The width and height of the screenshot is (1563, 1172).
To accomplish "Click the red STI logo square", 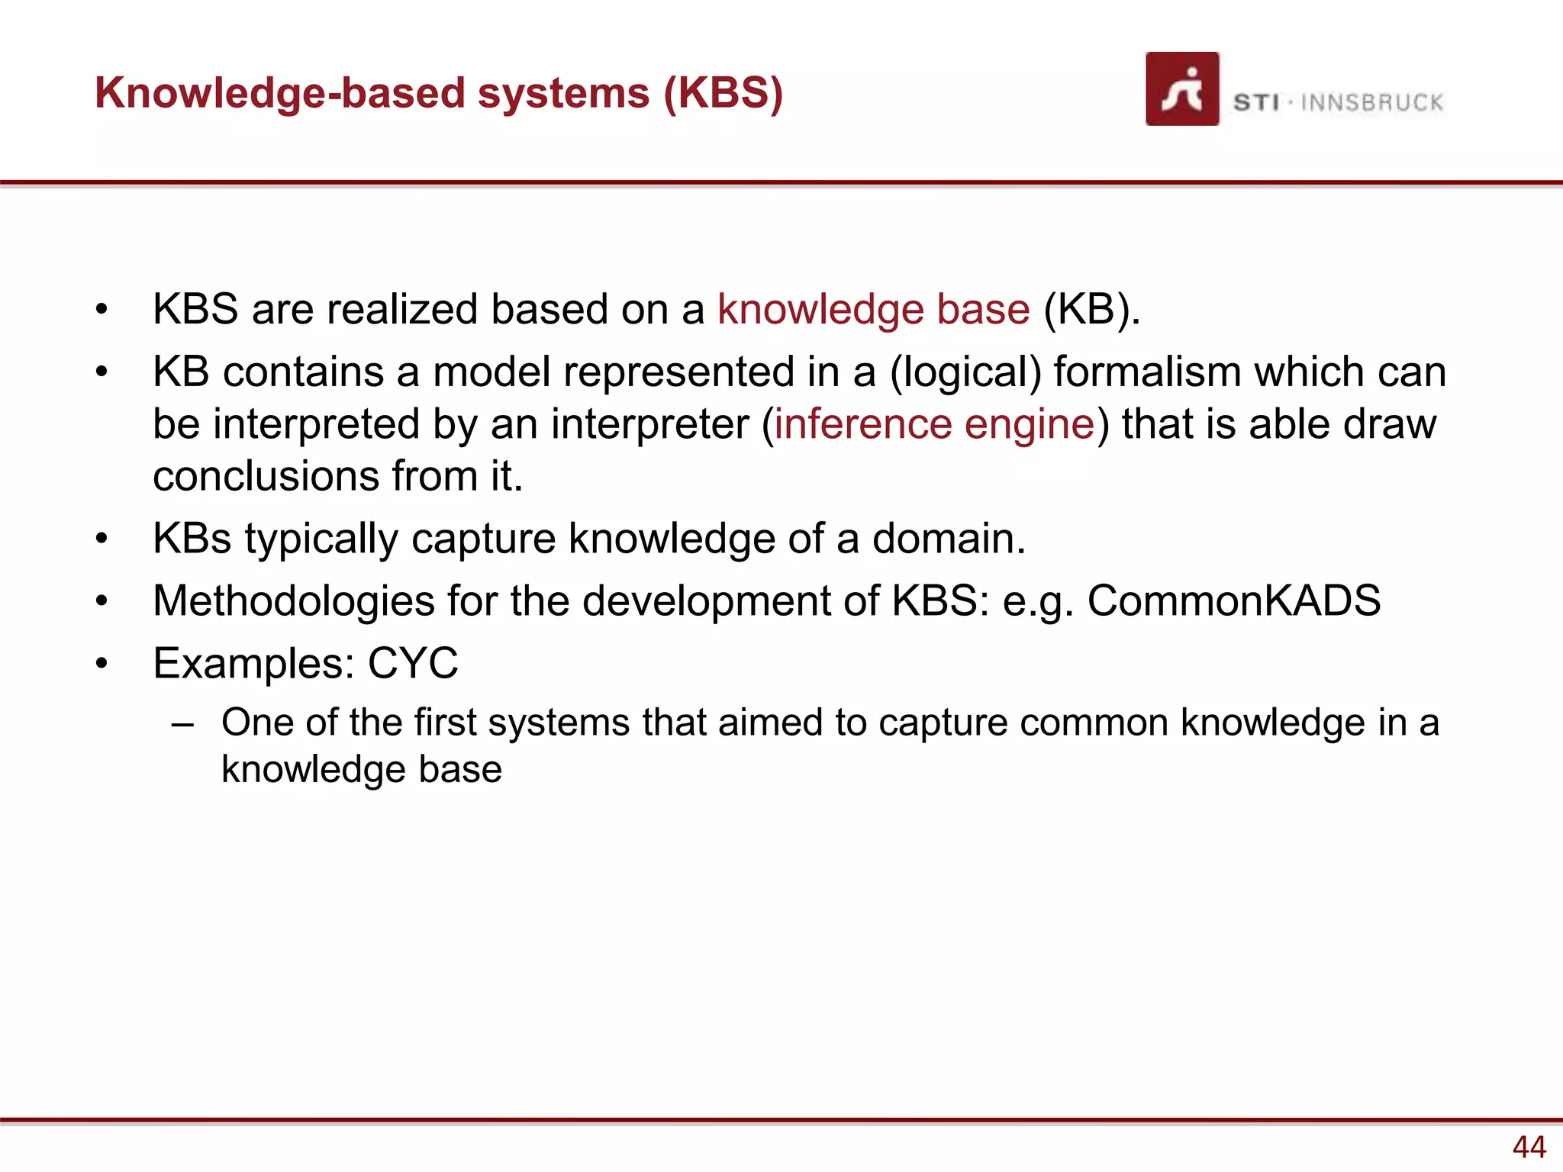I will pos(1181,89).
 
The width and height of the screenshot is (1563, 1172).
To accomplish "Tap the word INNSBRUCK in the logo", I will pos(1371,102).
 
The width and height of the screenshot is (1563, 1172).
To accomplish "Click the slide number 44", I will pos(1529,1147).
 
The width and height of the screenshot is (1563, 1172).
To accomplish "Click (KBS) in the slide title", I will pos(723,93).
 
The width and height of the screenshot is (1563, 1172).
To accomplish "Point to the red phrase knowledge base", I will pos(873,310).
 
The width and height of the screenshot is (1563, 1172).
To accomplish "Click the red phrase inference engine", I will pos(934,424).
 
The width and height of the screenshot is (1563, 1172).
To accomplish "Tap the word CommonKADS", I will pos(1233,600).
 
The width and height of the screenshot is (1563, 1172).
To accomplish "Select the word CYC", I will pos(413,663).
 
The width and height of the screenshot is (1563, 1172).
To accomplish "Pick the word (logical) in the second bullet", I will pos(965,373).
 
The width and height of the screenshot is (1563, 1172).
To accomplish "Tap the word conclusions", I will pos(266,476).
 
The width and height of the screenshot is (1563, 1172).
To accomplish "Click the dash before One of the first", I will pos(182,723).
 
